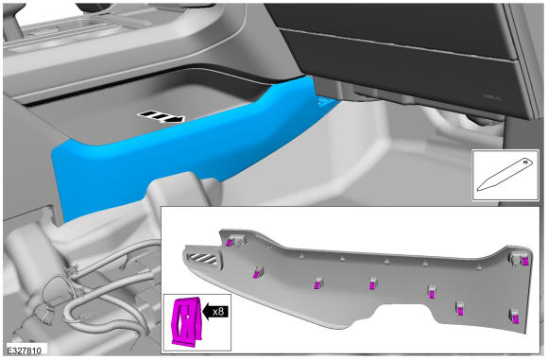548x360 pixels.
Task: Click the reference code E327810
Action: click(x=24, y=351)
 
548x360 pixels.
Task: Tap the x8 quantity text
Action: click(x=218, y=311)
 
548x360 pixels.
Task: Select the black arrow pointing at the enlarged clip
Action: click(x=215, y=311)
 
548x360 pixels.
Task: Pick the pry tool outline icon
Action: click(x=505, y=175)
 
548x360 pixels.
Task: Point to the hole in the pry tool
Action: click(x=525, y=162)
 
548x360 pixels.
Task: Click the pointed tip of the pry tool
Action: click(x=478, y=190)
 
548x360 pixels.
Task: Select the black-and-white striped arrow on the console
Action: click(x=161, y=117)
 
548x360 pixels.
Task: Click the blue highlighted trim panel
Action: click(x=181, y=150)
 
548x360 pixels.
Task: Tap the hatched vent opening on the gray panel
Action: click(x=203, y=259)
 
